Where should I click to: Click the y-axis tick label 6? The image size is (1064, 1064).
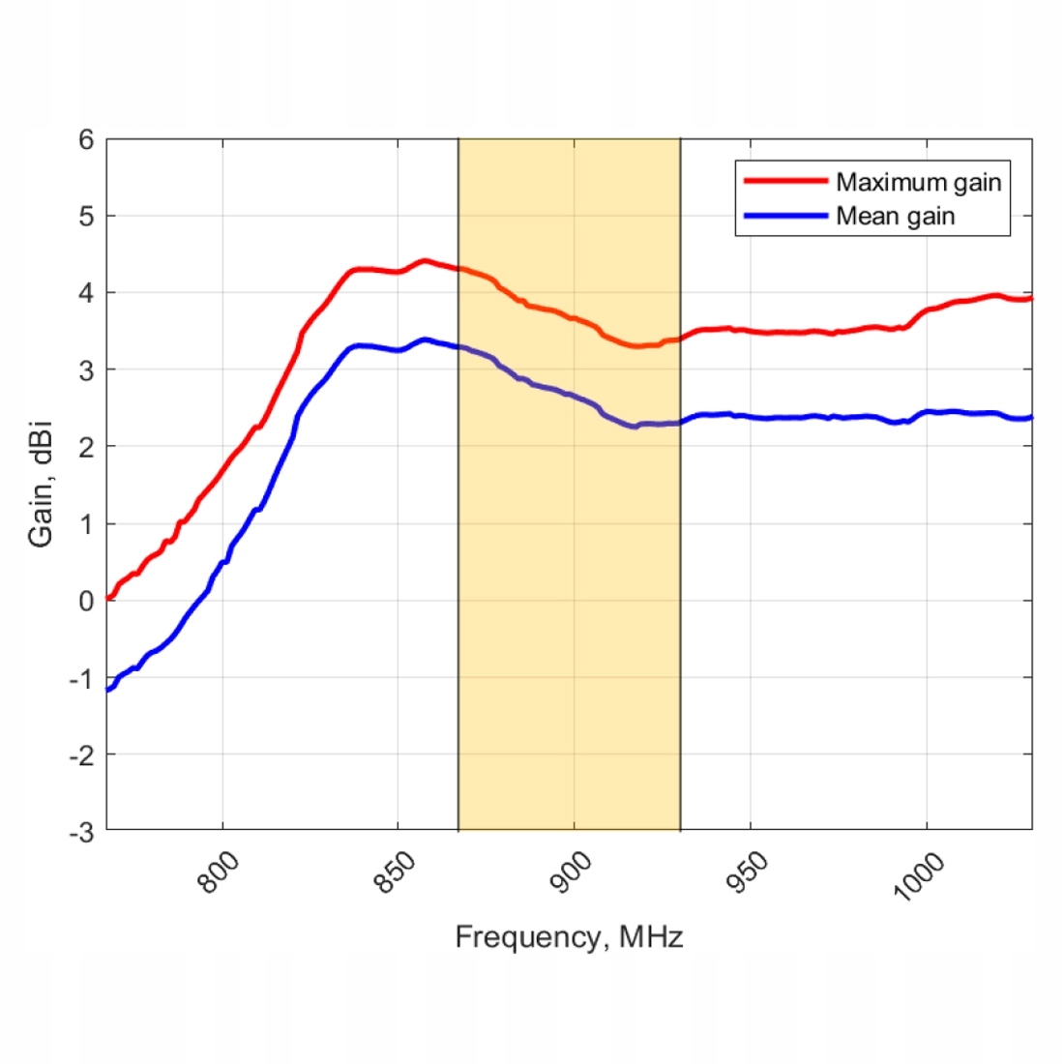click(87, 140)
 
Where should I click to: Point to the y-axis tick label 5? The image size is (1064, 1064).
click(87, 217)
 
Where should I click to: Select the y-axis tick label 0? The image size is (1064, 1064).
click(87, 601)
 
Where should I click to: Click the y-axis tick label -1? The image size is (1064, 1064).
click(82, 678)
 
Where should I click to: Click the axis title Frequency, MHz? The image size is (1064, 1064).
click(569, 937)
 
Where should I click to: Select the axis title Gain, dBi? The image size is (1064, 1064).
click(41, 484)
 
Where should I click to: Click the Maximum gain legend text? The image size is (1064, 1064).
click(918, 182)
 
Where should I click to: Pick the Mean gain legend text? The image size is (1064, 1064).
click(895, 216)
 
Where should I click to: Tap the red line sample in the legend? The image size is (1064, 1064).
click(785, 181)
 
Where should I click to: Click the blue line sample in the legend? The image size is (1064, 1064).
click(785, 216)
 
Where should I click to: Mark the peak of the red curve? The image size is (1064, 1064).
click(424, 261)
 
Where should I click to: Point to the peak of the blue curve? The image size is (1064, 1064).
click(424, 340)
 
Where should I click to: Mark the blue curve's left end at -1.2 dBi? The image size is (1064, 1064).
click(108, 690)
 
